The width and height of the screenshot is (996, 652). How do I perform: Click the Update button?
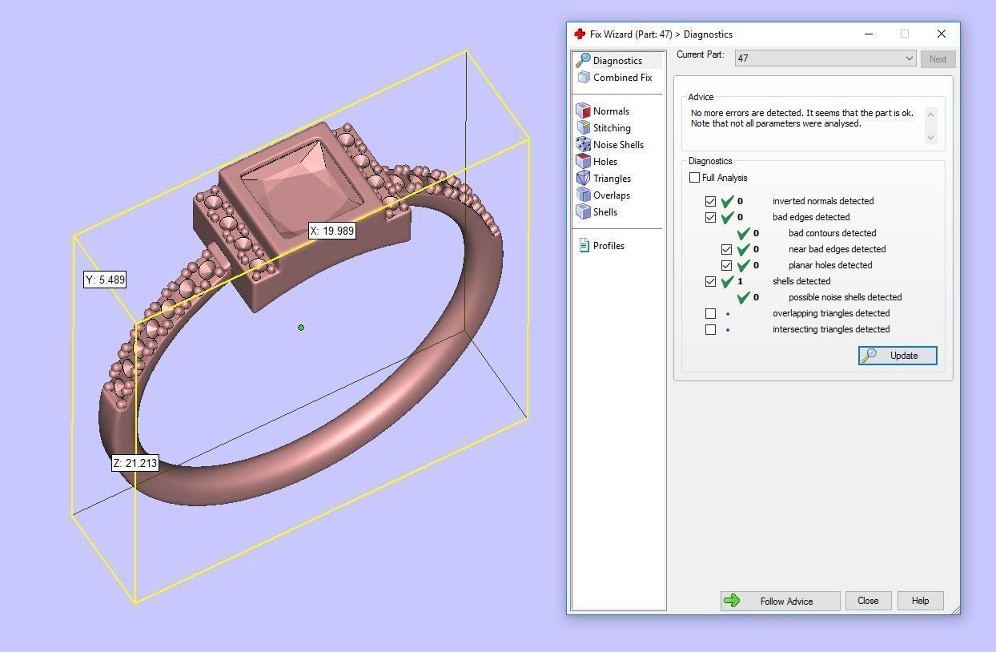(x=897, y=356)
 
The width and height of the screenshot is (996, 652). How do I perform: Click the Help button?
(x=920, y=601)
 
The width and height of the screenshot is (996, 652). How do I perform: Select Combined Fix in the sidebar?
(x=621, y=78)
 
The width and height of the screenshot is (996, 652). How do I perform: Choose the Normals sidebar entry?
(x=610, y=111)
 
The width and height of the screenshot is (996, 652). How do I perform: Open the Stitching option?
(x=611, y=128)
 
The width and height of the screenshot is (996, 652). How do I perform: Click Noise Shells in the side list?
(x=617, y=145)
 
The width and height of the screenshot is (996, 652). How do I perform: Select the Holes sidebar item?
(x=604, y=162)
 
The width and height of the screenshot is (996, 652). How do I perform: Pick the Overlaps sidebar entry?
(x=611, y=195)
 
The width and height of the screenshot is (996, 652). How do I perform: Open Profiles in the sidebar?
(x=608, y=246)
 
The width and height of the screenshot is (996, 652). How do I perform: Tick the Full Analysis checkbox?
(x=694, y=178)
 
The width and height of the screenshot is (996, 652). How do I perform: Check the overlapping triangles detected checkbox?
(x=710, y=313)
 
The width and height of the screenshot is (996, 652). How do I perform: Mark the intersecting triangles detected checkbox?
(x=710, y=329)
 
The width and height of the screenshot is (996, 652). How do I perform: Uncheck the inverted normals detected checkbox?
(x=710, y=201)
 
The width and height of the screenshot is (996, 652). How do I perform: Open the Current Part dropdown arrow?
(x=909, y=58)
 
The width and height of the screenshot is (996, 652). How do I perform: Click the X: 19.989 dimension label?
(x=331, y=231)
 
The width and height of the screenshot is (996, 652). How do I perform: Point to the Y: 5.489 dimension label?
(x=105, y=280)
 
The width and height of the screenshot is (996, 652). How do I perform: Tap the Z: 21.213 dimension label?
(x=135, y=463)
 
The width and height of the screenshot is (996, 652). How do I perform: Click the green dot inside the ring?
(x=301, y=328)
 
